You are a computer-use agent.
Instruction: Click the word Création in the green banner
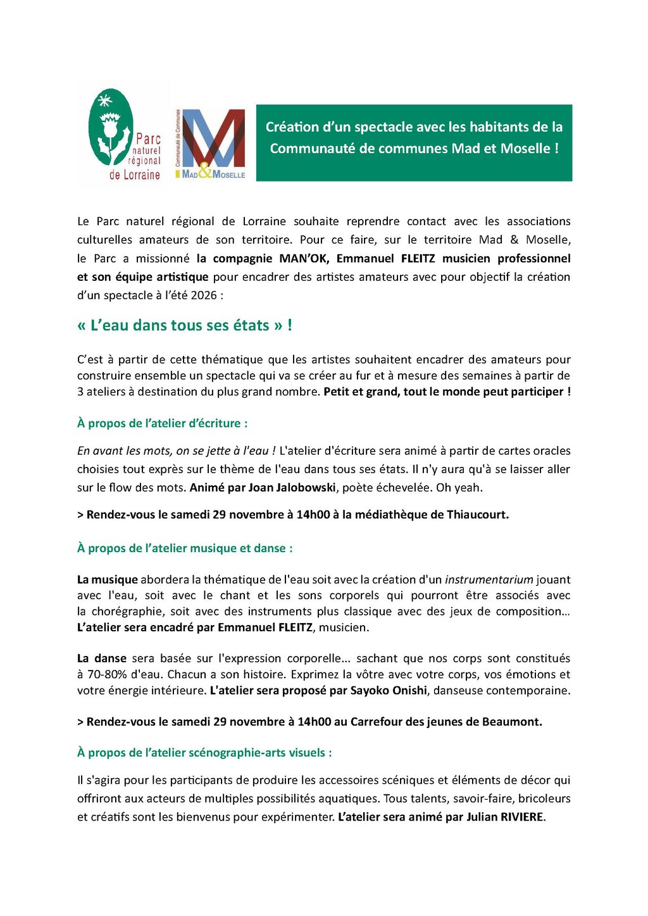292,127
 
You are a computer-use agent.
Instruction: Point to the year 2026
204,295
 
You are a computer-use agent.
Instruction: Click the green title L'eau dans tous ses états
184,326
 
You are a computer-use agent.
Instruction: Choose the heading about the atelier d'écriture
162,423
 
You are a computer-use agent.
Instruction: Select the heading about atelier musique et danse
185,548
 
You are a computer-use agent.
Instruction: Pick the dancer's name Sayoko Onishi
389,690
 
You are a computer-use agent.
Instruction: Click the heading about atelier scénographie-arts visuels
204,753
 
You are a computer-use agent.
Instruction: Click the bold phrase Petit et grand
360,392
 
